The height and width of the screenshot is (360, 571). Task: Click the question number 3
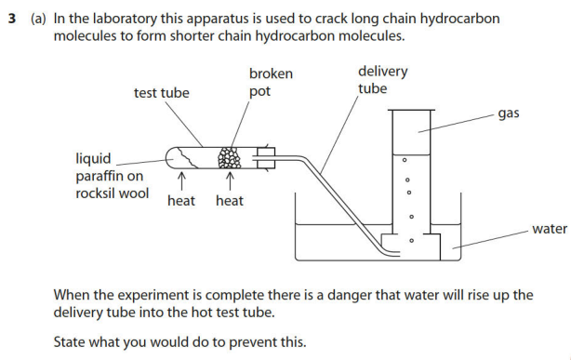click(12, 19)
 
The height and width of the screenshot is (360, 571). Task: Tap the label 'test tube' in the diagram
click(161, 93)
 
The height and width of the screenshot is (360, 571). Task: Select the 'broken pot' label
click(271, 83)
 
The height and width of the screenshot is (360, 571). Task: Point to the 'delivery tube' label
click(382, 80)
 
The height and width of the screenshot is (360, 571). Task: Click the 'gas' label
click(509, 113)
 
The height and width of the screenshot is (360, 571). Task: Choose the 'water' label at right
click(550, 229)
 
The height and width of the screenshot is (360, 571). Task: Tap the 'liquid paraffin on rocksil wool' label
click(113, 176)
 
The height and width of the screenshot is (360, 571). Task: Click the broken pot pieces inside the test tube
click(229, 158)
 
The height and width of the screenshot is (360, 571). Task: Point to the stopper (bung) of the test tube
click(265, 158)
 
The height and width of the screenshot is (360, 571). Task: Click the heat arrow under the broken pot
click(230, 181)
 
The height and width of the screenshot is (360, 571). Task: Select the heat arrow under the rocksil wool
click(181, 181)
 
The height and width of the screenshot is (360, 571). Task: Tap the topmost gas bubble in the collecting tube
click(405, 160)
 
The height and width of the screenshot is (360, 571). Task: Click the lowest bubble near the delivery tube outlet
click(411, 241)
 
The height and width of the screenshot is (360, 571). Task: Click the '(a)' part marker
click(38, 19)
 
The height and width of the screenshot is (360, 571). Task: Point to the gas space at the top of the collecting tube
click(411, 133)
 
